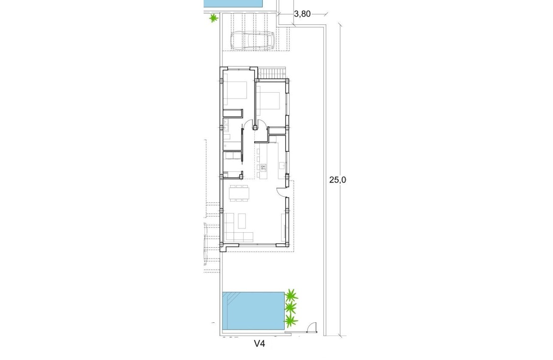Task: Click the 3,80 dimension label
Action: click(302, 14)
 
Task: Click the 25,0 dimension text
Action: click(337, 180)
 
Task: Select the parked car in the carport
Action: click(253, 41)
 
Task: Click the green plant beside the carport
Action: click(213, 18)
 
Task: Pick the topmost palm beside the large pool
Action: click(291, 295)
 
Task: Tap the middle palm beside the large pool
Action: click(291, 307)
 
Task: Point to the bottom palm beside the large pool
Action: click(291, 320)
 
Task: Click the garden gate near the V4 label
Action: click(312, 327)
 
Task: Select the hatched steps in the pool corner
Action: click(230, 298)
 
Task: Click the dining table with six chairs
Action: click(239, 193)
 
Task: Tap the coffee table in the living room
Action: click(242, 221)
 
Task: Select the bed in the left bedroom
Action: click(235, 93)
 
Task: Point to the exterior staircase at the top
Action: click(272, 73)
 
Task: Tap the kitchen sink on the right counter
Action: click(282, 165)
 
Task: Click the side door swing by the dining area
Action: click(281, 192)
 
